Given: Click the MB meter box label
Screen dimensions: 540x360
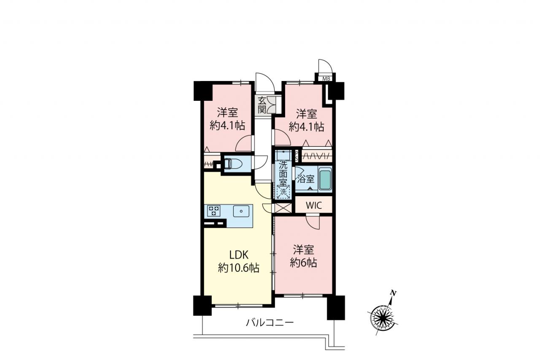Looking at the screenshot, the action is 326,78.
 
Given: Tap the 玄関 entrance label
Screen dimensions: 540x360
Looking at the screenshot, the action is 262,105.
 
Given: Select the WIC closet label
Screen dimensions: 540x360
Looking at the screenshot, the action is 313,206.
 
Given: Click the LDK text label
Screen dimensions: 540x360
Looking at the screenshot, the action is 239,254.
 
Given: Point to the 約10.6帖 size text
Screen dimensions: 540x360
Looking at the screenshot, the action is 239,268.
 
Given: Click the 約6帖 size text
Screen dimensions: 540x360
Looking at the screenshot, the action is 303,263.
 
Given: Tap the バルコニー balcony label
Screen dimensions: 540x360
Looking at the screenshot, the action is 270,322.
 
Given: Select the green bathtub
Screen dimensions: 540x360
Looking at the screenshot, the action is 325,180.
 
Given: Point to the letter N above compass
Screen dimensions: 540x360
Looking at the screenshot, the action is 394,293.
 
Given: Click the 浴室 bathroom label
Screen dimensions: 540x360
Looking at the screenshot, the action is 306,179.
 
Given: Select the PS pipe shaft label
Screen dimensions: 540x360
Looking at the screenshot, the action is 297,156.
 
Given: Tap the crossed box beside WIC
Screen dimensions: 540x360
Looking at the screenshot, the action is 283,208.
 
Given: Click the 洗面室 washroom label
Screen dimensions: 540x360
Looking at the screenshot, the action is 283,173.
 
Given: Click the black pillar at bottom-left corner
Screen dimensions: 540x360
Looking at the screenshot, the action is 202,306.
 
